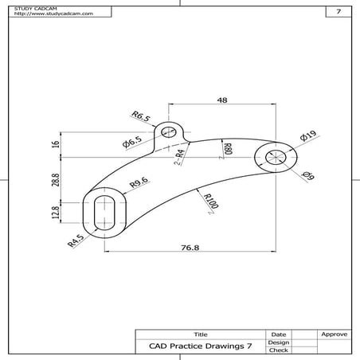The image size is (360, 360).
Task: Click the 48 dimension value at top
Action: (222, 101)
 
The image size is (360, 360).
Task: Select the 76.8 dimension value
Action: (190, 248)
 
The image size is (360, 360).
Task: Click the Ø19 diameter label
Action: (309, 137)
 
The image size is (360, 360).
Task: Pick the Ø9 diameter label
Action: (309, 177)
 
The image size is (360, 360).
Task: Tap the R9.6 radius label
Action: (139, 185)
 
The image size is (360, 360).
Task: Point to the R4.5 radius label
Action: (76, 240)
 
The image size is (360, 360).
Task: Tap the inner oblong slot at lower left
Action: (103, 213)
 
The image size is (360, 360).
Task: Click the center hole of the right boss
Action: (276, 157)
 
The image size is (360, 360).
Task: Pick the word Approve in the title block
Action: (332, 335)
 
